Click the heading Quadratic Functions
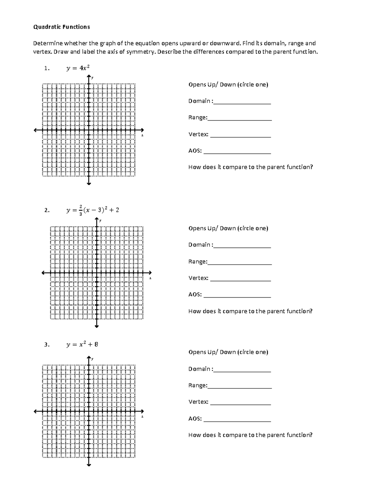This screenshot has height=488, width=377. click(x=62, y=27)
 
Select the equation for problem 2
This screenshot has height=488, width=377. click(x=93, y=210)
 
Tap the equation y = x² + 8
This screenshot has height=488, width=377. click(x=82, y=344)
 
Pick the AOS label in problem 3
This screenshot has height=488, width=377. click(x=195, y=419)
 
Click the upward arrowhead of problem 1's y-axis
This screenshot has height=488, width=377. click(x=89, y=77)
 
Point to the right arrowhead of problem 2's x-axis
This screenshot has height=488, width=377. click(x=150, y=273)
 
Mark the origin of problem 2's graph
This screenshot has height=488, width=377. click(x=97, y=273)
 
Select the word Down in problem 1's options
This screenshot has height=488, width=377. click(x=228, y=85)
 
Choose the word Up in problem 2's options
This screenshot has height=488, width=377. click(x=211, y=228)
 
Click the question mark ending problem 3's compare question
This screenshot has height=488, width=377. click(x=311, y=435)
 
